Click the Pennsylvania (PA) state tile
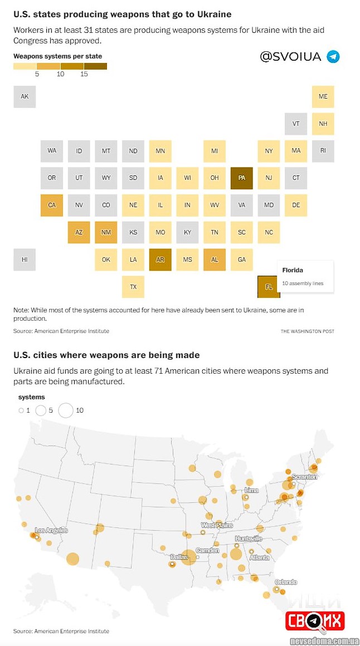241,178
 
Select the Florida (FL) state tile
269,287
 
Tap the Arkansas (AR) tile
160,260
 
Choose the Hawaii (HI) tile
25,260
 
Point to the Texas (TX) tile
133,287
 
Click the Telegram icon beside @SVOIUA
333,57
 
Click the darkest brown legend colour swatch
95,66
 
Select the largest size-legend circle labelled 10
66,410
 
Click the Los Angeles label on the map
51,530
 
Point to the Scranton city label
304,477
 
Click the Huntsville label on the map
248,539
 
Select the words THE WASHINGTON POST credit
307,331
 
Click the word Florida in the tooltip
293,270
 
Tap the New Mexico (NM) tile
106,232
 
